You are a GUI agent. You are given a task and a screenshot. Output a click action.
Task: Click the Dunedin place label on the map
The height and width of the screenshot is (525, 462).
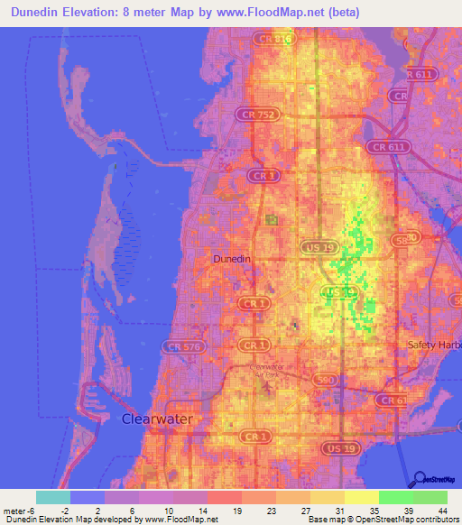click(230, 259)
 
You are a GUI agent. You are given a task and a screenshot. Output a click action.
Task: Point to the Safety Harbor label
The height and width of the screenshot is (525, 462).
click(433, 345)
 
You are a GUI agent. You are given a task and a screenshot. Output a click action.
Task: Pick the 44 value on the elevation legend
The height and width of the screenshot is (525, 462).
click(441, 510)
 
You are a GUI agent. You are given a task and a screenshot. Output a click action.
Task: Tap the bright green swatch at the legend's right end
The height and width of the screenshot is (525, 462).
click(430, 497)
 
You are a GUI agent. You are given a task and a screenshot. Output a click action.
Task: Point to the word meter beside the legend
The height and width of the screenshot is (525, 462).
click(13, 510)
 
